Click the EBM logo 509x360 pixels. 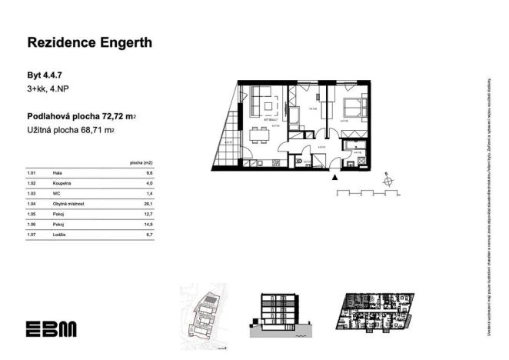(51, 328)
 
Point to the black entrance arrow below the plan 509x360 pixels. (334, 177)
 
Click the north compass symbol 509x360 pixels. (388, 182)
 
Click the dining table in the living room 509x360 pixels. (259, 136)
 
